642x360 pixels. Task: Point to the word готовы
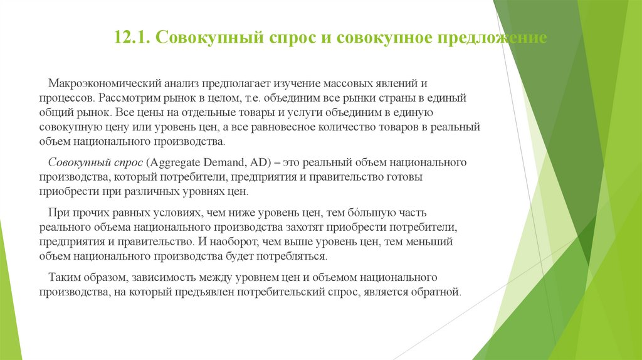(x=405, y=177)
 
